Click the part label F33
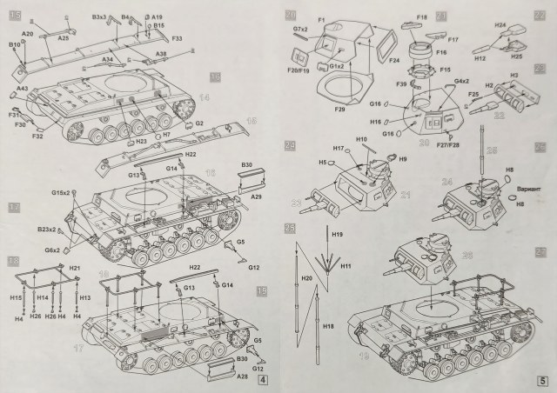[177, 38]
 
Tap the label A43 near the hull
[22, 89]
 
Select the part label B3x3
[99, 17]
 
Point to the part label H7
[166, 136]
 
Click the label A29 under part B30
[257, 197]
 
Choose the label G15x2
[61, 191]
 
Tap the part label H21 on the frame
[76, 268]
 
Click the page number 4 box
[264, 379]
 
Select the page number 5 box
[541, 379]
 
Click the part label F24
[393, 60]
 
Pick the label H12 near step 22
[480, 58]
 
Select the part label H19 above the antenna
[337, 235]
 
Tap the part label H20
[306, 278]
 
